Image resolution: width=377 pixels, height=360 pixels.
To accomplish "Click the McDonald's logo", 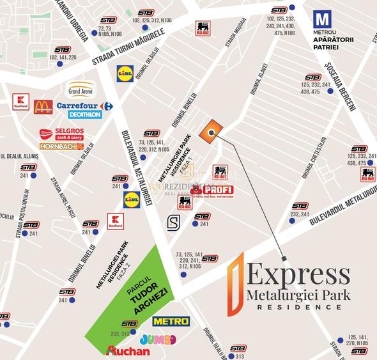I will [x=43, y=107].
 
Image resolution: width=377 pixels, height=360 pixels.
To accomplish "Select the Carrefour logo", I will [x=84, y=106].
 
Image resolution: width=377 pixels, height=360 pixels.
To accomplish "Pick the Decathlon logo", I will [x=84, y=115].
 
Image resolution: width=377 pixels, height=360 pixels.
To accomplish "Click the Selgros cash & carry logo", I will [x=61, y=134].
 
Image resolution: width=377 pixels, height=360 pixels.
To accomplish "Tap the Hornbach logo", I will [x=61, y=146].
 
